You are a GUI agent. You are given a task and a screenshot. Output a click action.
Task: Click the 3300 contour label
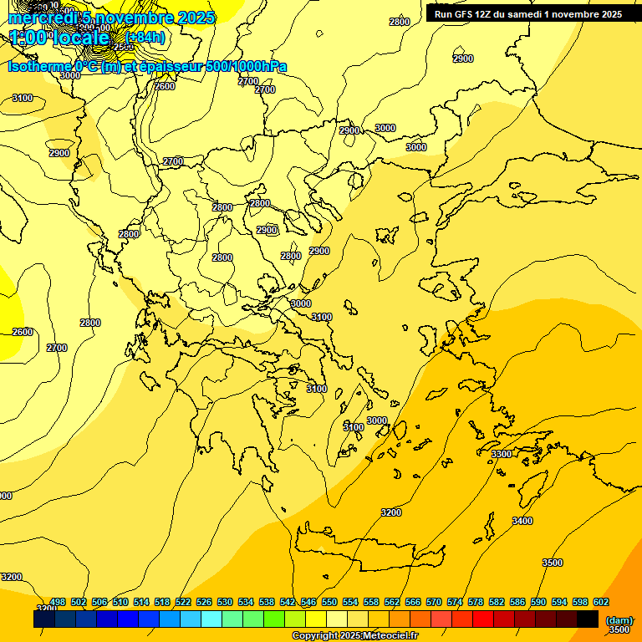pyautogui.click(x=502, y=454)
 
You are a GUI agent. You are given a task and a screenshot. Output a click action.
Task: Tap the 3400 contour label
pyautogui.click(x=522, y=521)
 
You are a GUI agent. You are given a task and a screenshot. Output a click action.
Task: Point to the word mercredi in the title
pyautogui.click(x=42, y=18)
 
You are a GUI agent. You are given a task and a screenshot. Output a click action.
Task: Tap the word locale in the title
pyautogui.click(x=80, y=38)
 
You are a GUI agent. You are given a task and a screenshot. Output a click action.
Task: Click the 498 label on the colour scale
pyautogui.click(x=58, y=602)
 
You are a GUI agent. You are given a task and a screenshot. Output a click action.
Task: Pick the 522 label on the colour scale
pyautogui.click(x=184, y=602)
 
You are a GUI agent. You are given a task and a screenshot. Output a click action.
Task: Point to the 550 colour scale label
pyautogui.click(x=329, y=602)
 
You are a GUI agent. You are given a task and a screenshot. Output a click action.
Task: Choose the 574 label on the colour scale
pyautogui.click(x=455, y=602)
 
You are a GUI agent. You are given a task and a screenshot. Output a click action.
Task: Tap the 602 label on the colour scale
pyautogui.click(x=601, y=602)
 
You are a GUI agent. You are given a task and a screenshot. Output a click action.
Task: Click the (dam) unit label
pyautogui.click(x=619, y=620)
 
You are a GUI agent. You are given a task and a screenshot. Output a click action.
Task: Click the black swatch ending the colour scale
pyautogui.click(x=588, y=619)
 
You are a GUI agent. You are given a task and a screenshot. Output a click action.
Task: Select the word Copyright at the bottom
pyautogui.click(x=316, y=636)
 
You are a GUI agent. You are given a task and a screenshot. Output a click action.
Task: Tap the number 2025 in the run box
pyautogui.click(x=605, y=14)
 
